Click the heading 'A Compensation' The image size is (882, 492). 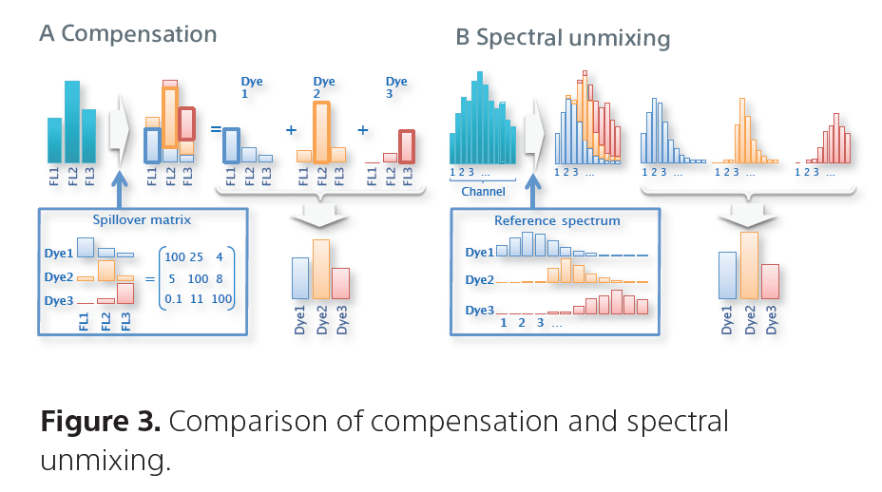[128, 34]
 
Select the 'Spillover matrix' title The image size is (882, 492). [143, 219]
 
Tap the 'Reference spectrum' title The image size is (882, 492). [557, 220]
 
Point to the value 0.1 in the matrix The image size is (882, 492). [173, 299]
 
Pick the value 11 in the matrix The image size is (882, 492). [200, 299]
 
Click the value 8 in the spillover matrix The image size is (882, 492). [222, 278]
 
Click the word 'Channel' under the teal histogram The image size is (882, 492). [484, 192]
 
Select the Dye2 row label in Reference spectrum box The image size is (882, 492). [480, 280]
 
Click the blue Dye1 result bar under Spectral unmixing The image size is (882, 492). [727, 287]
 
